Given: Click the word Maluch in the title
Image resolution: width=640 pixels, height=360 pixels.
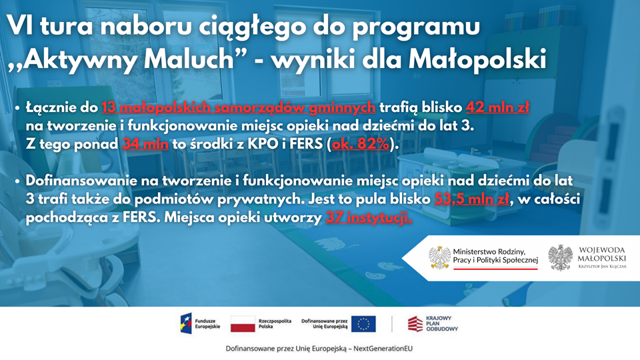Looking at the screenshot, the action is click(188, 59).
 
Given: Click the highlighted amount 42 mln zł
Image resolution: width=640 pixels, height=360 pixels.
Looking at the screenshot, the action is click(497, 107).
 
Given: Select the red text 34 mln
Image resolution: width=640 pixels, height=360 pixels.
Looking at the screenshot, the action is click(145, 144).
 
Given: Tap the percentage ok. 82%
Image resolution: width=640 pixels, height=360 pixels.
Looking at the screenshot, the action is click(361, 144).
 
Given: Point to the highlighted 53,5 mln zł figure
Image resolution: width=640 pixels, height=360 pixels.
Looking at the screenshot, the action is click(472, 199).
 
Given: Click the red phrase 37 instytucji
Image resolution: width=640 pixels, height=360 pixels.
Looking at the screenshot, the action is click(369, 217).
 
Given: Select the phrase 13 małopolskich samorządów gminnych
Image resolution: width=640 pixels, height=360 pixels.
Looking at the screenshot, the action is click(239, 107).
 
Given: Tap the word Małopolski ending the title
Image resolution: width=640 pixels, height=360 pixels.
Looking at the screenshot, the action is click(477, 59).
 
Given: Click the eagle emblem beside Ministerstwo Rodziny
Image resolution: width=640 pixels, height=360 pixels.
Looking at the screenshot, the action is click(439, 257).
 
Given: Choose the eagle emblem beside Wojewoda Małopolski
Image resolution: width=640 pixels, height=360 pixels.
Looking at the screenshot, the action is click(561, 257).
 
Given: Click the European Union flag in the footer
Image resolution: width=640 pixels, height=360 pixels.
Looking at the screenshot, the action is click(363, 324).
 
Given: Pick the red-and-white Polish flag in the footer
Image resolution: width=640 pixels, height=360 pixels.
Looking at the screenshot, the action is click(243, 324).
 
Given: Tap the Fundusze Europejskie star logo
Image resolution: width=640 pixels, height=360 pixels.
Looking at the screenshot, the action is click(186, 324).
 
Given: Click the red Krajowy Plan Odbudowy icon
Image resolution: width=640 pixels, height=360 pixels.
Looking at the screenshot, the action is click(415, 324).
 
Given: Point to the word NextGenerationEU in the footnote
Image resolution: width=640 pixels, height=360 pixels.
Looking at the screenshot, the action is click(383, 349).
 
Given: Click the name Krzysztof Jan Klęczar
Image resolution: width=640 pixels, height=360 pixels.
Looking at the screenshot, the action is click(602, 267).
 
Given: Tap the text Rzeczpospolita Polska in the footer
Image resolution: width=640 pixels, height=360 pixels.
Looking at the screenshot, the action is click(275, 324).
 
